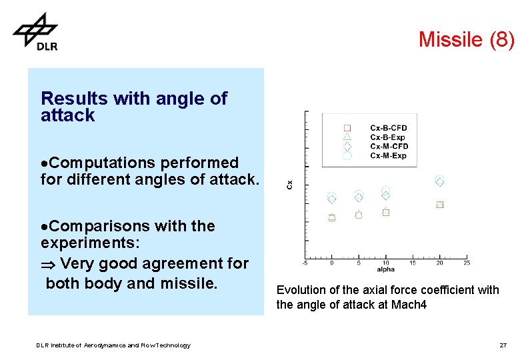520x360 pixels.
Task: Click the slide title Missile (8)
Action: pyautogui.click(x=466, y=40)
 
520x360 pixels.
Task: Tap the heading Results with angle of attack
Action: pyautogui.click(x=133, y=107)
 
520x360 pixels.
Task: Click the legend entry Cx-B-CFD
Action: pyautogui.click(x=388, y=128)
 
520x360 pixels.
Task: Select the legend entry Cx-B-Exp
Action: pyautogui.click(x=388, y=137)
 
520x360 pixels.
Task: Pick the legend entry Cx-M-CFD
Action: pyautogui.click(x=388, y=147)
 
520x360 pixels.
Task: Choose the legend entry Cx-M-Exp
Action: pyautogui.click(x=388, y=156)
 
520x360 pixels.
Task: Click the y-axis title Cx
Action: pyautogui.click(x=289, y=184)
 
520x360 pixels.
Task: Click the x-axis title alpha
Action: pyautogui.click(x=386, y=269)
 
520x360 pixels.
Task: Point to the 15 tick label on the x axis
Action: pyautogui.click(x=413, y=263)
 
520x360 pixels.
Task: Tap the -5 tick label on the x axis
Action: pyautogui.click(x=305, y=263)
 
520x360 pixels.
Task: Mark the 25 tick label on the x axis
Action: pyautogui.click(x=467, y=263)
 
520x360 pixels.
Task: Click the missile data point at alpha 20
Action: pyautogui.click(x=439, y=181)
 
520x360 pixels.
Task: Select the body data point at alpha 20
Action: pyautogui.click(x=439, y=205)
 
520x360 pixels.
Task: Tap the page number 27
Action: pyautogui.click(x=503, y=345)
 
